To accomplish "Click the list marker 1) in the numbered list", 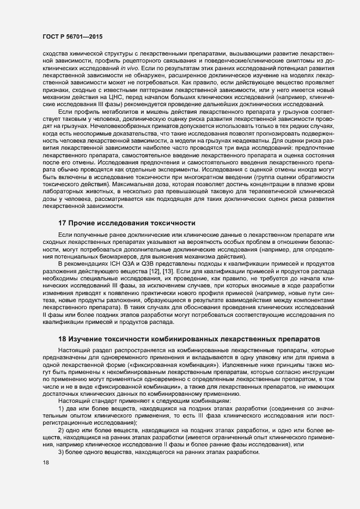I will (60, 408).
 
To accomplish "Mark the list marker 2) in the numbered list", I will (60, 430).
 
